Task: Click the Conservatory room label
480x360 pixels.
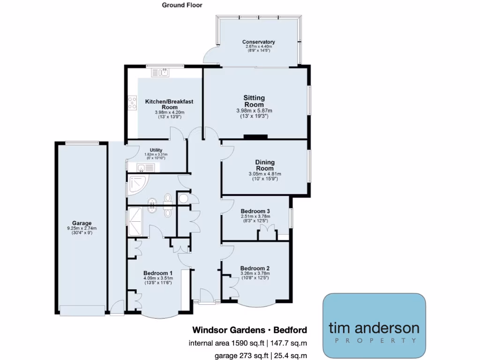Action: (x=259, y=42)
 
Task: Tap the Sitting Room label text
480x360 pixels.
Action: (x=254, y=101)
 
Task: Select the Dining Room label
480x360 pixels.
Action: (x=264, y=165)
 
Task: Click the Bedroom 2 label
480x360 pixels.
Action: (x=255, y=269)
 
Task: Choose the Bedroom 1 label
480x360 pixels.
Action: (x=158, y=273)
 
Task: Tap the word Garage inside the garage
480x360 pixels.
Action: (x=82, y=223)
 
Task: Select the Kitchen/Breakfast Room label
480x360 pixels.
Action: (x=169, y=104)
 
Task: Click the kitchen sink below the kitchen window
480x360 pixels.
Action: (x=160, y=73)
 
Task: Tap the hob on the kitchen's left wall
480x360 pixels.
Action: (x=132, y=103)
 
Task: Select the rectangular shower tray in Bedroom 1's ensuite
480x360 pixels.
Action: (x=136, y=217)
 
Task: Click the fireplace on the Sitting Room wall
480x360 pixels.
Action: (x=255, y=137)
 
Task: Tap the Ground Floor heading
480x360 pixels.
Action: (x=182, y=5)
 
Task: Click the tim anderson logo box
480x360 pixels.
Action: (x=374, y=326)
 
